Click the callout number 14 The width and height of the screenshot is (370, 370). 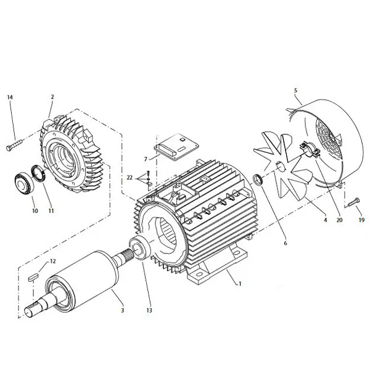(10, 97)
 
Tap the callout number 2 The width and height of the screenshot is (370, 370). (52, 97)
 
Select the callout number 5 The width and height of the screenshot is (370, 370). (295, 91)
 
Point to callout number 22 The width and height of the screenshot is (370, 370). (129, 177)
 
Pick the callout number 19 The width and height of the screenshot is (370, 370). (361, 220)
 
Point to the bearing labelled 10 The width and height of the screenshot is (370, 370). (23, 183)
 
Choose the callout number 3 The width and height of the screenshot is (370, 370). (122, 310)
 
